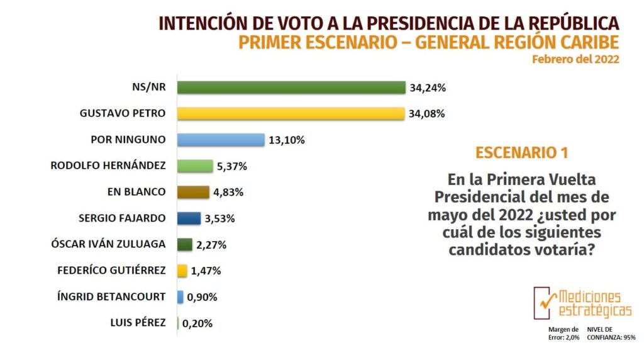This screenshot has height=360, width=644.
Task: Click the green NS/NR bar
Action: pos(291,87)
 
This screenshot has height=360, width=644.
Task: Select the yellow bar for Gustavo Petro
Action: pos(290,114)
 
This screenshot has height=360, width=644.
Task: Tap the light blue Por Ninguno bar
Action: pos(220,140)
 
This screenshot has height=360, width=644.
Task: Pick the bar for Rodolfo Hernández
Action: pos(195,166)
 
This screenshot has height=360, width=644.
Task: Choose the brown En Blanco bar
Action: pos(193,192)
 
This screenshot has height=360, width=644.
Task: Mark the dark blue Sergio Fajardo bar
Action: pos(189,218)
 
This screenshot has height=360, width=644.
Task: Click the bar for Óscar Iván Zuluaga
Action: pos(185,244)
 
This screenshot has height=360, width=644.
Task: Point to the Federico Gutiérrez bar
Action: pos(182,271)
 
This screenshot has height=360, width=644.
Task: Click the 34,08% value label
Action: pos(427,114)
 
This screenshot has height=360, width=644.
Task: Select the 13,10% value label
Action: pos(287,140)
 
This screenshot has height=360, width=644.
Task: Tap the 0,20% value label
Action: pos(197,323)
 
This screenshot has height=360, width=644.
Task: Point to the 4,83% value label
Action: pos(231,192)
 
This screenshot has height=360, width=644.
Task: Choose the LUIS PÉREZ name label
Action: pos(137,323)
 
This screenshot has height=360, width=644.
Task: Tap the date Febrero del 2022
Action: pos(575,59)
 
